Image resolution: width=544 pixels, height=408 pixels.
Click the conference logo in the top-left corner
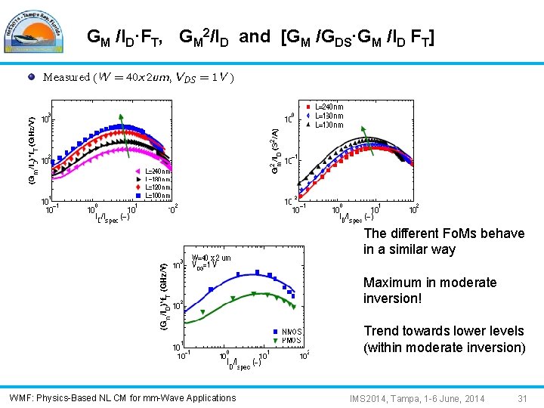(38, 30)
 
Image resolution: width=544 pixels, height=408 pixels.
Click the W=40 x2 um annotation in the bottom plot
(212, 258)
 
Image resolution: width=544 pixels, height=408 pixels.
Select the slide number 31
(521, 398)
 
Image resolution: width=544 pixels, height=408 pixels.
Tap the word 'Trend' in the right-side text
(381, 331)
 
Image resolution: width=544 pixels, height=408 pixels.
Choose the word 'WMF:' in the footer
(20, 398)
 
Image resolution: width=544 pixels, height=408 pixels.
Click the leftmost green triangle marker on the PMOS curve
(202, 312)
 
